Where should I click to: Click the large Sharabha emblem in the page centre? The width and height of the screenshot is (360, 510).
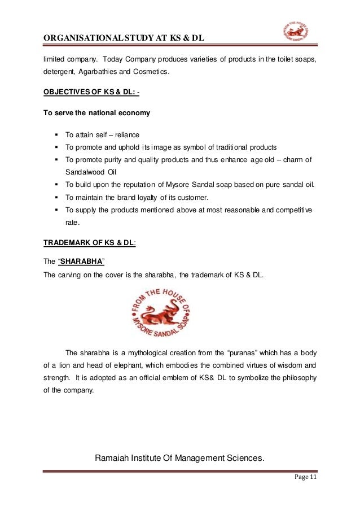[161, 313]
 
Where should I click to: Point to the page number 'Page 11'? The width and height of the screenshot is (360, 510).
[306, 478]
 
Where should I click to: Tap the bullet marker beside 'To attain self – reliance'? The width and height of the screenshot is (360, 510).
[58, 135]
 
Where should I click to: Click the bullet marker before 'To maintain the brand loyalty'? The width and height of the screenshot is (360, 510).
[58, 197]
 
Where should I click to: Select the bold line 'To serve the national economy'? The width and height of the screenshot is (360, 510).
[96, 113]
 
